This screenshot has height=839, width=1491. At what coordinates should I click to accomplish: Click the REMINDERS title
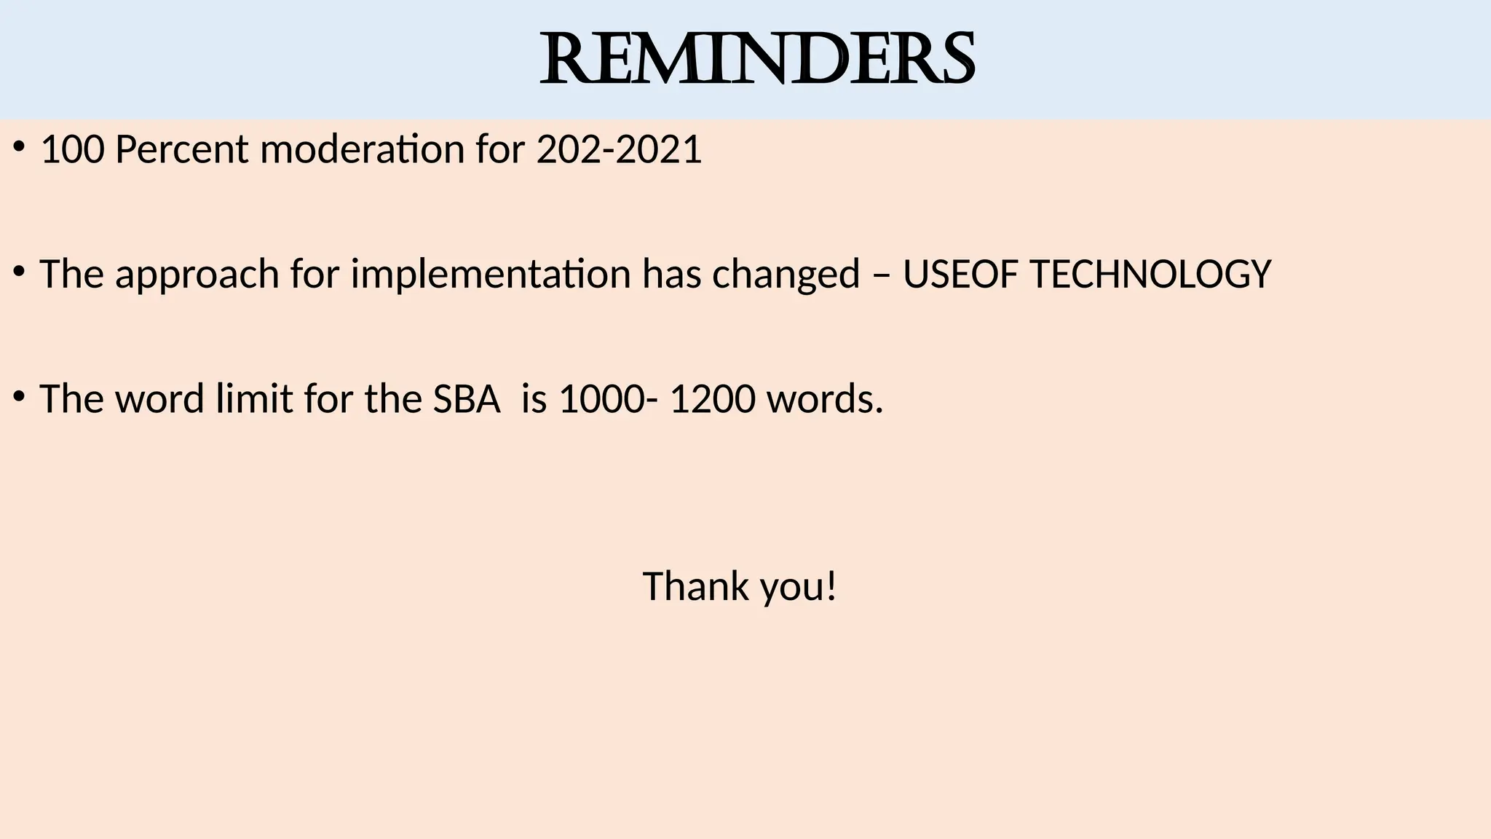[757, 60]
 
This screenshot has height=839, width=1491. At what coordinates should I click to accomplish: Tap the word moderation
[362, 150]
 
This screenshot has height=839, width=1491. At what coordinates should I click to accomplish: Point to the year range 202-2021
[619, 150]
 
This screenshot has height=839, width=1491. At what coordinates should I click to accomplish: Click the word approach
[197, 275]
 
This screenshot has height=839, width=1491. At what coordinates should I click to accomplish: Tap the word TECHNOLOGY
[1151, 275]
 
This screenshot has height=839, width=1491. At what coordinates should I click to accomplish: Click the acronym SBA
[467, 399]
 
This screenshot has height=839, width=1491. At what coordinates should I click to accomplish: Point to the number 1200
[712, 399]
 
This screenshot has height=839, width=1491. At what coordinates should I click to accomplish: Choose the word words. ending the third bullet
[825, 399]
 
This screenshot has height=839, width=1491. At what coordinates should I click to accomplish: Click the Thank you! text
[740, 586]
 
